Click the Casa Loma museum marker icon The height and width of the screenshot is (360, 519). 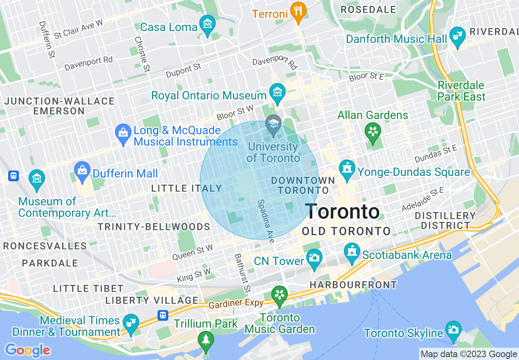click(208, 24)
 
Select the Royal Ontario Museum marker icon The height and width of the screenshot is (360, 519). click(278, 92)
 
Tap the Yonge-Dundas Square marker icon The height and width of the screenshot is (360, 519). click(347, 169)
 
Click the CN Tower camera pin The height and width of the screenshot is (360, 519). click(314, 258)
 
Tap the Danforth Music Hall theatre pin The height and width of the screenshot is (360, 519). click(457, 36)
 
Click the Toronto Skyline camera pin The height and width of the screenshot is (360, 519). click(454, 330)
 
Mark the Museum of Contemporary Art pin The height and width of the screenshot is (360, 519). click(37, 179)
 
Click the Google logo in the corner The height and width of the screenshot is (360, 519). click(27, 351)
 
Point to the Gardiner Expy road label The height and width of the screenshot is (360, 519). click(236, 304)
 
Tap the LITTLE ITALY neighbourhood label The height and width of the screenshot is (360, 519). click(186, 189)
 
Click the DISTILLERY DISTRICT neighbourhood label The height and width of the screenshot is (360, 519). click(445, 220)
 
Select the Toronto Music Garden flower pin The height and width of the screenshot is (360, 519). click(280, 295)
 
